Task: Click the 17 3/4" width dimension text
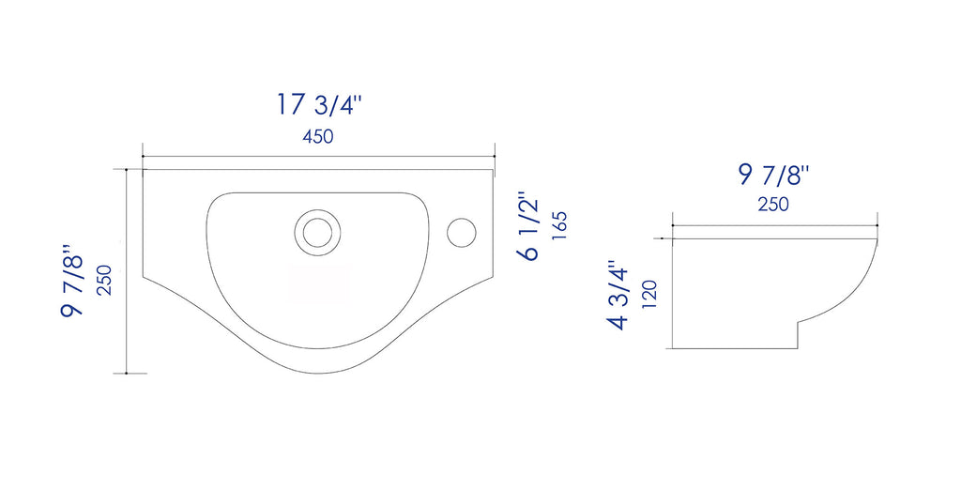pyautogui.click(x=319, y=104)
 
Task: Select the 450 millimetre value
pyautogui.click(x=318, y=137)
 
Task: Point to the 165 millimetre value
pyautogui.click(x=559, y=225)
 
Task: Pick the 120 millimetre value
pyautogui.click(x=649, y=294)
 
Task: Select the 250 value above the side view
pyautogui.click(x=773, y=205)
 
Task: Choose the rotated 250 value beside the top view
pyautogui.click(x=105, y=281)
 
